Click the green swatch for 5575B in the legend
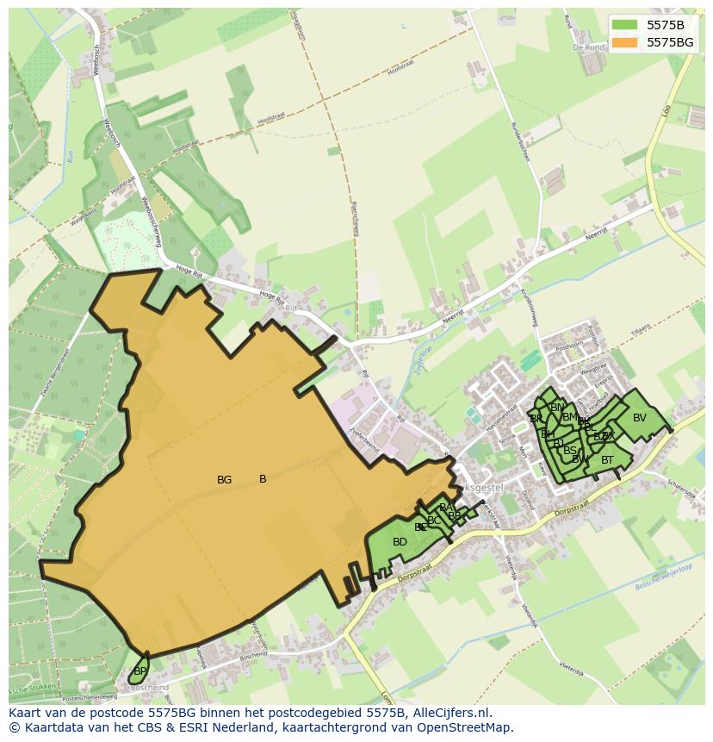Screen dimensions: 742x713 [625, 25]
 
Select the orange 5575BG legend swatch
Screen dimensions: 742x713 [625, 41]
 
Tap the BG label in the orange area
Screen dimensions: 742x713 [225, 480]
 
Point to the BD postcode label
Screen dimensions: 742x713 [400, 542]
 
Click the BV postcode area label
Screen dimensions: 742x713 [639, 418]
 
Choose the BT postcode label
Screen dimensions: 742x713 [607, 460]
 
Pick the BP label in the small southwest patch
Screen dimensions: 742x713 [140, 670]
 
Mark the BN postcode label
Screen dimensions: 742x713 [557, 408]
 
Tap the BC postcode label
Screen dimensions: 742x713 [434, 520]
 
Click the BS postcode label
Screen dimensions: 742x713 [570, 450]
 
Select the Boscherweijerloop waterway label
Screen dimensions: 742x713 [664, 574]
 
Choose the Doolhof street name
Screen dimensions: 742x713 [527, 500]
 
